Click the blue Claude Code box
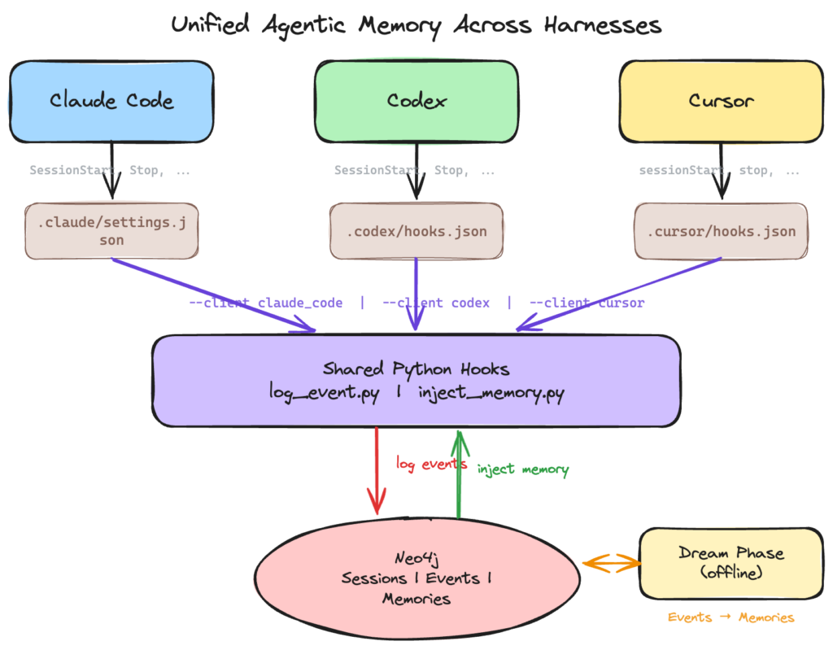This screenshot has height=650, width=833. pos(111,102)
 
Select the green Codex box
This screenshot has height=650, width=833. pos(416,102)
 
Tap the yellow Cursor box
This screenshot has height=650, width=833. pos(722,102)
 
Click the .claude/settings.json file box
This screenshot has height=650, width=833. pos(111,231)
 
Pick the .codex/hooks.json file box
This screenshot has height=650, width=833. pos(416,231)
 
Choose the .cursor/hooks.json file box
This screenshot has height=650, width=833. pos(722,231)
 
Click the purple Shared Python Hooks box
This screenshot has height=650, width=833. pos(416,381)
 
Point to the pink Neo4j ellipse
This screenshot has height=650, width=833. pos(417,578)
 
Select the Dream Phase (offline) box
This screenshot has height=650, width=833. pos(731,564)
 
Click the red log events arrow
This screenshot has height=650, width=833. pos(377,471)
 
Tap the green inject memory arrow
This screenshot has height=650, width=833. pos(459,474)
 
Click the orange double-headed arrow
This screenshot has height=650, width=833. pos(612,564)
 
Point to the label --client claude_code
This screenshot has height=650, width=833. pos(266,303)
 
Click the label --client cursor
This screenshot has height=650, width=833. pos(587,303)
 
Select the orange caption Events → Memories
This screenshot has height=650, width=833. pos(731,617)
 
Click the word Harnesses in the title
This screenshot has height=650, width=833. pos(603,25)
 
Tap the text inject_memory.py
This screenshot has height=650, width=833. pos(491,393)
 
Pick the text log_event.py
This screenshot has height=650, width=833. pos(324,393)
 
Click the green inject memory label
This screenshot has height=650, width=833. pos(523,469)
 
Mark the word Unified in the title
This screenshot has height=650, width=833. pos(210,24)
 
